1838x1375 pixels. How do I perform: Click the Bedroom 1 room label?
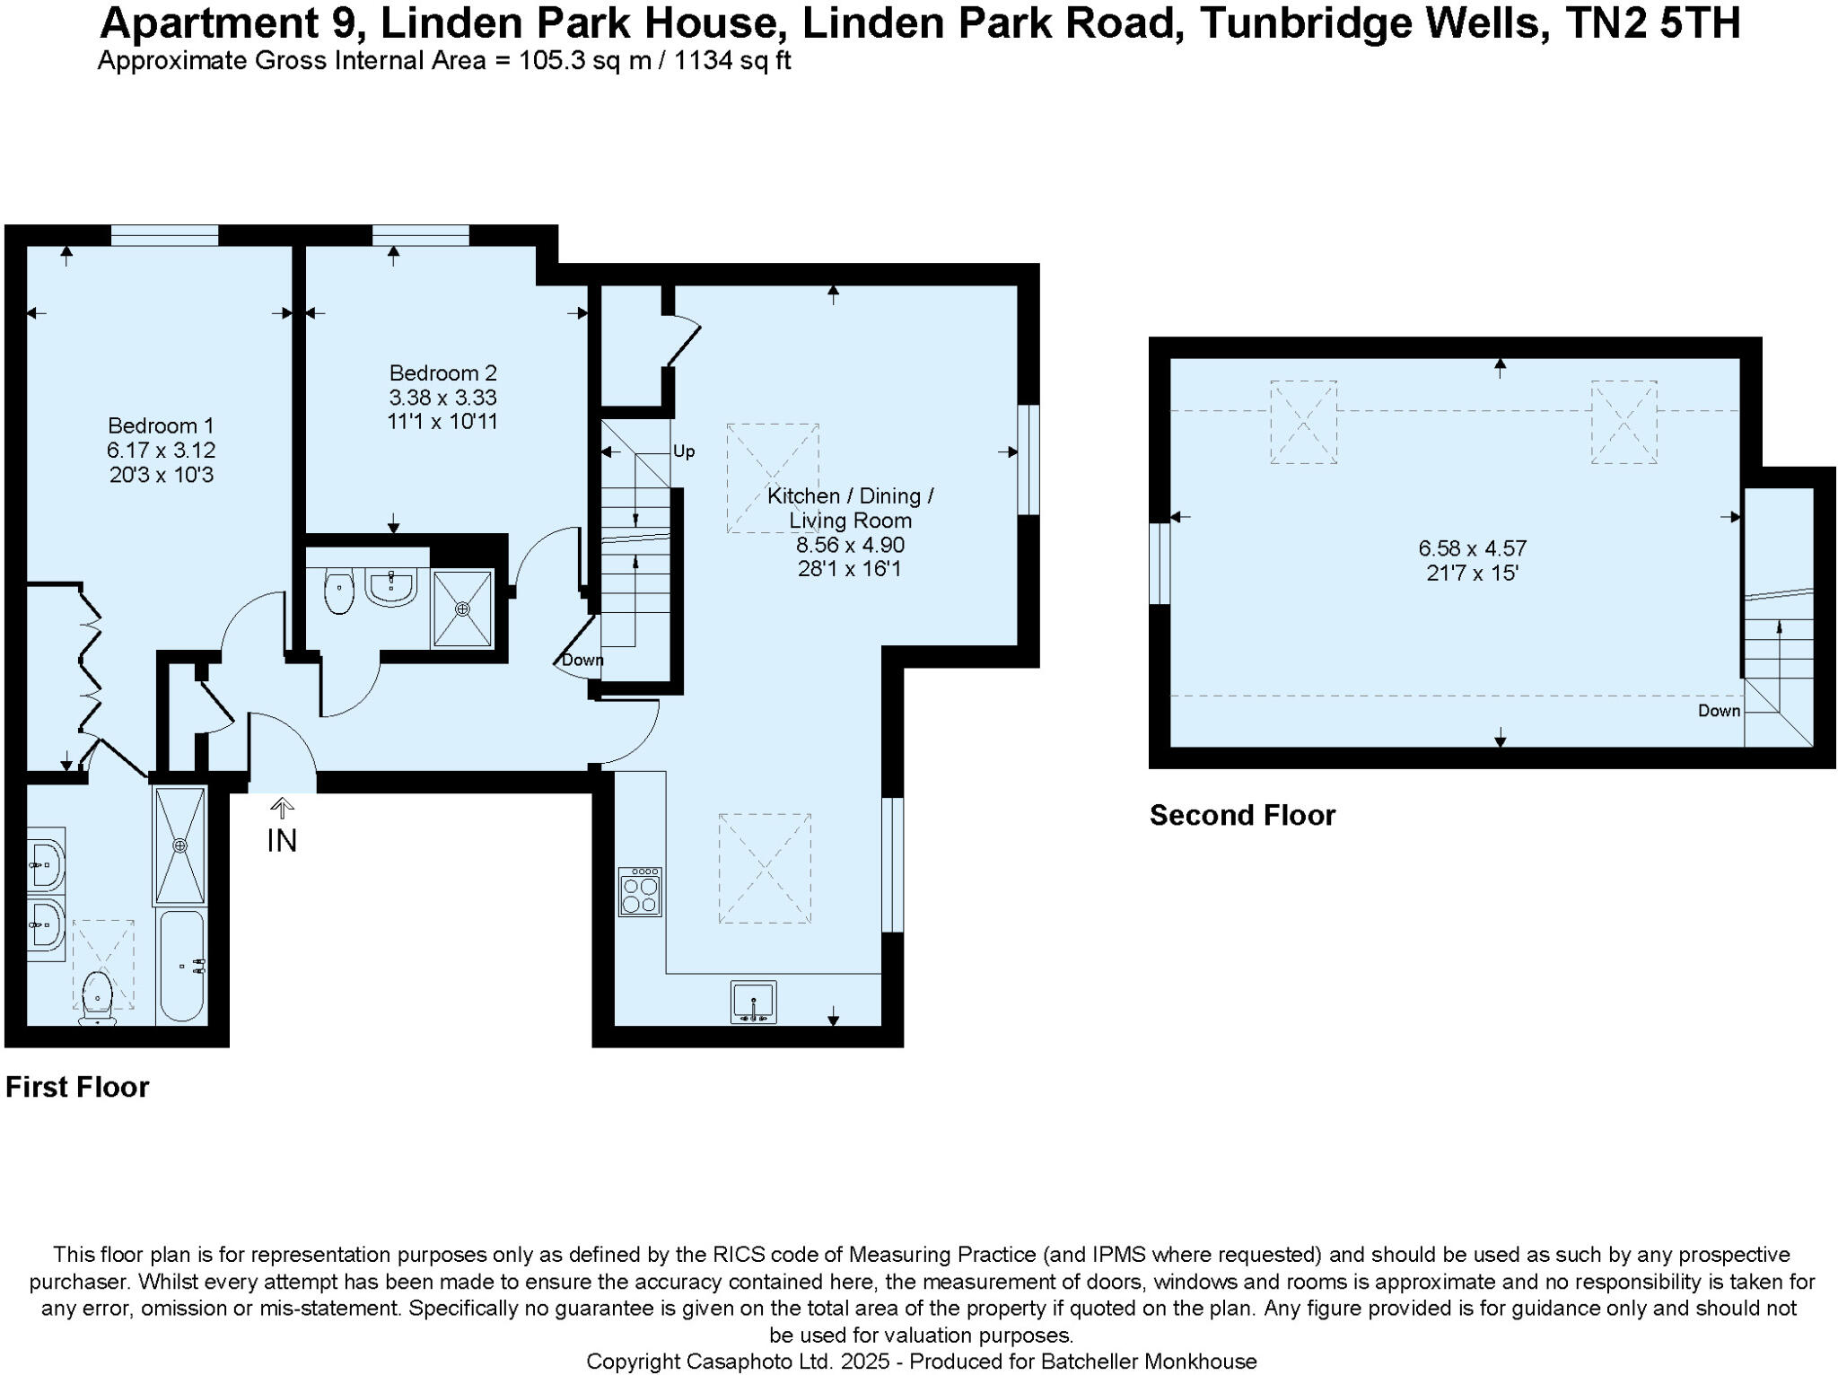pyautogui.click(x=162, y=425)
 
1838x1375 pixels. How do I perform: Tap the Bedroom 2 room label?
pyautogui.click(x=442, y=372)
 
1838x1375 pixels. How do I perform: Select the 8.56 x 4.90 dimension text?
pyautogui.click(x=850, y=545)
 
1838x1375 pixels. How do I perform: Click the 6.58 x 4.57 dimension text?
pyautogui.click(x=1472, y=547)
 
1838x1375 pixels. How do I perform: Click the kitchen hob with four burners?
pyautogui.click(x=640, y=891)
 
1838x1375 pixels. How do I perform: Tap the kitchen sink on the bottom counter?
pyautogui.click(x=754, y=1002)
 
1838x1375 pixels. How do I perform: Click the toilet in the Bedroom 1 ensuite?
pyautogui.click(x=96, y=998)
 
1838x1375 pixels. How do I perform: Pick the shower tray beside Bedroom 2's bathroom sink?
pyautogui.click(x=462, y=609)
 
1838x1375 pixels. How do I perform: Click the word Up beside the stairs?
pyautogui.click(x=684, y=451)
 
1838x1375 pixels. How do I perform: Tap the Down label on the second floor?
pyautogui.click(x=1719, y=711)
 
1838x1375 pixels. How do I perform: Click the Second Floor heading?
pyautogui.click(x=1242, y=815)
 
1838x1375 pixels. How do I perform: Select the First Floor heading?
pyautogui.click(x=77, y=1087)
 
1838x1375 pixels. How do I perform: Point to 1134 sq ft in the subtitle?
pyautogui.click(x=731, y=61)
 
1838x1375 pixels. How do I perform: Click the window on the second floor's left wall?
pyautogui.click(x=1160, y=563)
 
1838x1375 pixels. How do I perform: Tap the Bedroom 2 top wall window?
pyautogui.click(x=420, y=235)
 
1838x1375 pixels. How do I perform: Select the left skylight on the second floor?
pyautogui.click(x=1303, y=422)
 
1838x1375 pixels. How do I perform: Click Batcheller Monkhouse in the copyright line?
pyautogui.click(x=1149, y=1362)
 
